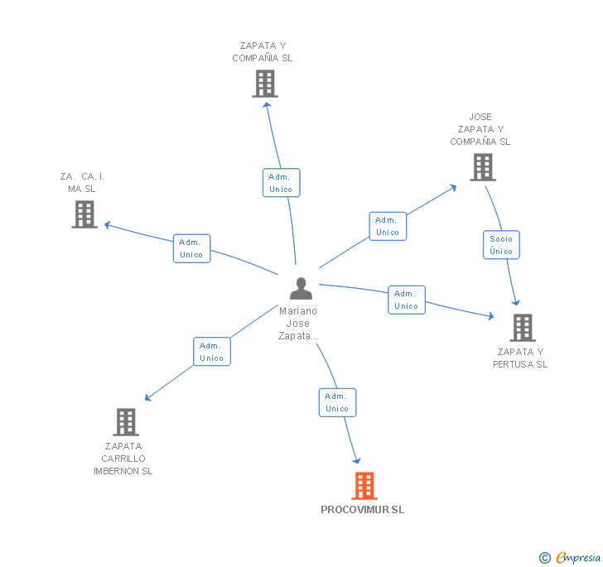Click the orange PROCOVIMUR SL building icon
(x=364, y=486)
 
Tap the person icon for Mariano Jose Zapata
(x=301, y=289)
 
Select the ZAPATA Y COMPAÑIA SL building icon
(x=265, y=84)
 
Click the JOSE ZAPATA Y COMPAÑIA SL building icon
(x=482, y=167)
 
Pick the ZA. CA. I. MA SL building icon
(x=84, y=214)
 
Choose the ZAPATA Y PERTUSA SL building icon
(x=523, y=328)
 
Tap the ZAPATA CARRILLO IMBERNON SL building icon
(x=125, y=422)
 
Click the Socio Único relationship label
(x=501, y=245)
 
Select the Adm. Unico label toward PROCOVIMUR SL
(x=337, y=402)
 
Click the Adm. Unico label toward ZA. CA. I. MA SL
(x=191, y=248)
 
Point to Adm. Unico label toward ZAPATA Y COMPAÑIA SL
(x=281, y=183)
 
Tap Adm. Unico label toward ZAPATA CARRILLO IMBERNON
(x=211, y=352)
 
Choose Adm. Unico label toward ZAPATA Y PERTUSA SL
(x=406, y=300)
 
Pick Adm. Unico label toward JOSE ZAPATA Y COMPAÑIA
(x=388, y=226)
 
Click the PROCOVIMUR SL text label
(x=363, y=510)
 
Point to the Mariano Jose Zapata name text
(x=298, y=324)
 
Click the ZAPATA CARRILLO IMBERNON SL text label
(x=123, y=459)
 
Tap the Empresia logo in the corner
(x=571, y=557)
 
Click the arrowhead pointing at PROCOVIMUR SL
(x=357, y=459)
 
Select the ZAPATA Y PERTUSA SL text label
(x=520, y=358)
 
